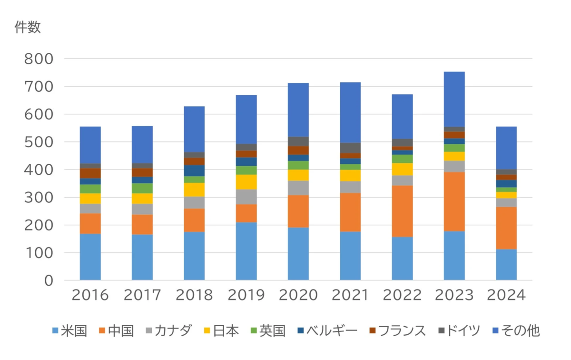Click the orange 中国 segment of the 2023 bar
coord(454,201)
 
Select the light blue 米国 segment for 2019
coord(246,251)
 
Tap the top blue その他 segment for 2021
coord(350,112)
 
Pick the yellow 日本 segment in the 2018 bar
coord(194,190)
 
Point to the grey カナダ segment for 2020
coord(298,188)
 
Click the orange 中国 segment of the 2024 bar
coord(506,228)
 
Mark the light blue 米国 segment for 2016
coord(90,257)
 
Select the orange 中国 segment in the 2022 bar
coord(402,211)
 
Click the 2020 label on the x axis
coord(298,295)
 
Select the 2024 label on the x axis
coord(506,295)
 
